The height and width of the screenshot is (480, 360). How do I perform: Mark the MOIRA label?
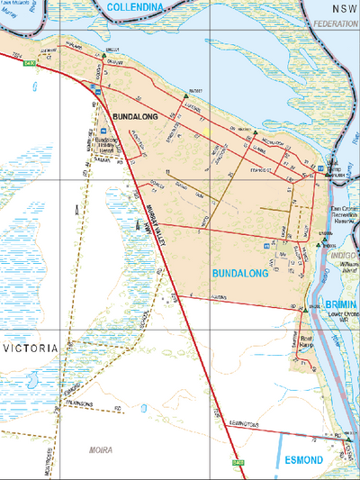click(102, 448)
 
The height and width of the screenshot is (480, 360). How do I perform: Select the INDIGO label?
click(344, 256)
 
